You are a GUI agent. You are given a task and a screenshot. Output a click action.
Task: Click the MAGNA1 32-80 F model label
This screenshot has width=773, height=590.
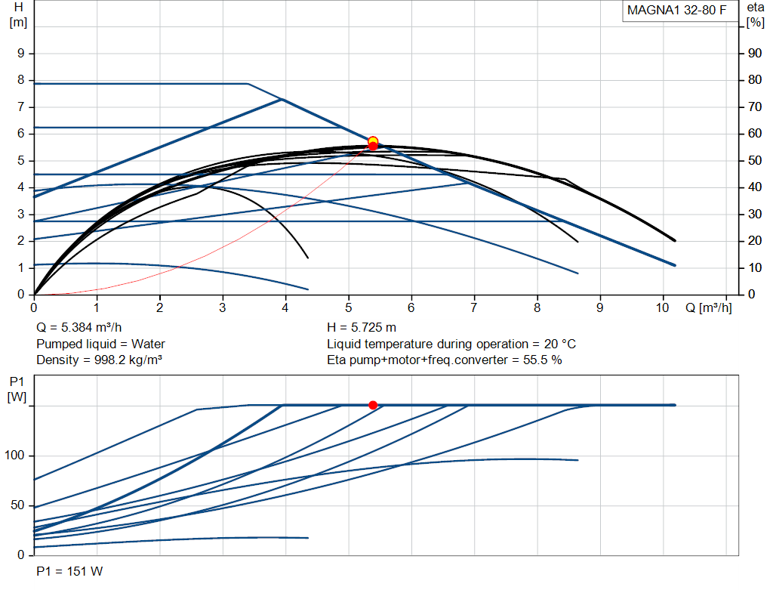[676, 11]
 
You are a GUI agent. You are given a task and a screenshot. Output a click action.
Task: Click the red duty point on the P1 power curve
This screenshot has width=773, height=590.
[373, 405]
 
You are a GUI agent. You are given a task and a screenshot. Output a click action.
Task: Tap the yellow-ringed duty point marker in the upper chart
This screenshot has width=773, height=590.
[373, 141]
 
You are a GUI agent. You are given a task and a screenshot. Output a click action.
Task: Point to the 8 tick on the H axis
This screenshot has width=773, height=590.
[20, 80]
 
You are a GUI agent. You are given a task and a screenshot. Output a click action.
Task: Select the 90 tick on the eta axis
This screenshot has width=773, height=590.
[755, 54]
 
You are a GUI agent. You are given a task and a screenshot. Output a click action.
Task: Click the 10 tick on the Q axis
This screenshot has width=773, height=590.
[662, 307]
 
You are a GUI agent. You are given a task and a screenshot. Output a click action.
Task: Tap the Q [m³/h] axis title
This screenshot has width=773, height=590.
[708, 307]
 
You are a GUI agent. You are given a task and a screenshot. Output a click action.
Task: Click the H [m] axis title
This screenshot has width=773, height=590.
[19, 15]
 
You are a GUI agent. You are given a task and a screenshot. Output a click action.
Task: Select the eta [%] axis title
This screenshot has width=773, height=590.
[755, 15]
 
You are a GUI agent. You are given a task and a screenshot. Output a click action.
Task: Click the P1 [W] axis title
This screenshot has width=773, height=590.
[17, 389]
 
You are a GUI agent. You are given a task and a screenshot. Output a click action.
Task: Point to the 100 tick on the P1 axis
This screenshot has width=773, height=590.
[14, 456]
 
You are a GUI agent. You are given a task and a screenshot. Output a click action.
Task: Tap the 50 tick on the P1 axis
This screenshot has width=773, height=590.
[17, 505]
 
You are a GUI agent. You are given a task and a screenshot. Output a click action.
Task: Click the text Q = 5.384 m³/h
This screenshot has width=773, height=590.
[79, 328]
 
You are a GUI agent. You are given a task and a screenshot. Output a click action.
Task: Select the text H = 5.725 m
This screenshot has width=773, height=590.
[362, 328]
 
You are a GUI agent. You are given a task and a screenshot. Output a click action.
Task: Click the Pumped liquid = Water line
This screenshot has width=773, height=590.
[100, 344]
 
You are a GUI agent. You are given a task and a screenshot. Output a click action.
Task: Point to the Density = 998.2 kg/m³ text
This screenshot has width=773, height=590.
[99, 360]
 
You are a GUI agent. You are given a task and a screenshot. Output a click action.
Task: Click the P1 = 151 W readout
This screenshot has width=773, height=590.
[69, 571]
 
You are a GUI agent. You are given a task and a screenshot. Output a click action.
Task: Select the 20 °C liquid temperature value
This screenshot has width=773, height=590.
[560, 344]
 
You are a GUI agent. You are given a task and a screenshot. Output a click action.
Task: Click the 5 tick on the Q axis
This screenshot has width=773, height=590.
[349, 307]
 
